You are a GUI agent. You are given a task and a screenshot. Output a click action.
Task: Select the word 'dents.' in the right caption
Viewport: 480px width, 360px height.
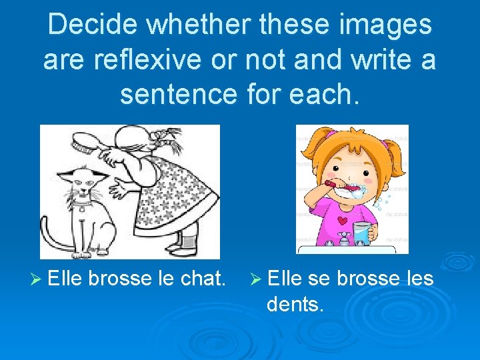(295, 305)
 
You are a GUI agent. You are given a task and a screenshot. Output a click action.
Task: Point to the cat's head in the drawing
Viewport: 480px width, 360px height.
(86, 181)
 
